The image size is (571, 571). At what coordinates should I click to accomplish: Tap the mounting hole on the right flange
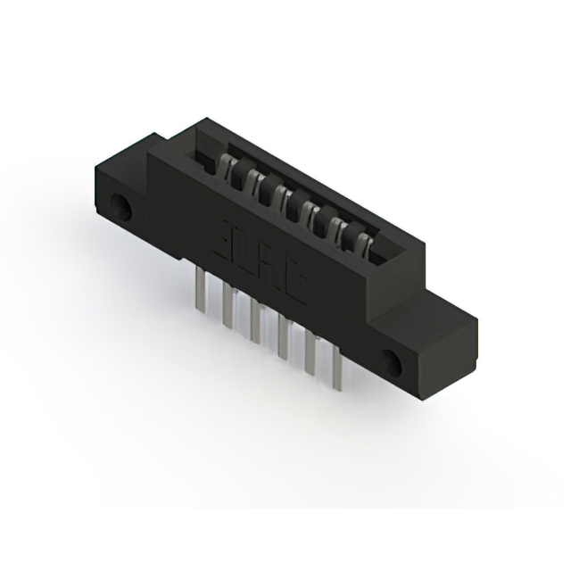pyautogui.click(x=392, y=361)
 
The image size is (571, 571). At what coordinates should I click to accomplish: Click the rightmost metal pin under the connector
pyautogui.click(x=337, y=372)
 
